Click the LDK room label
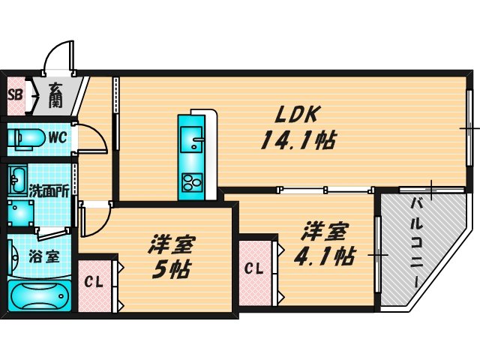click(x=298, y=114)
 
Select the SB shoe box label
click(x=14, y=95)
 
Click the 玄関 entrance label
click(x=57, y=94)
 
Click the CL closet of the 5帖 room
click(x=94, y=283)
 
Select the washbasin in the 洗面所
click(x=18, y=180)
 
